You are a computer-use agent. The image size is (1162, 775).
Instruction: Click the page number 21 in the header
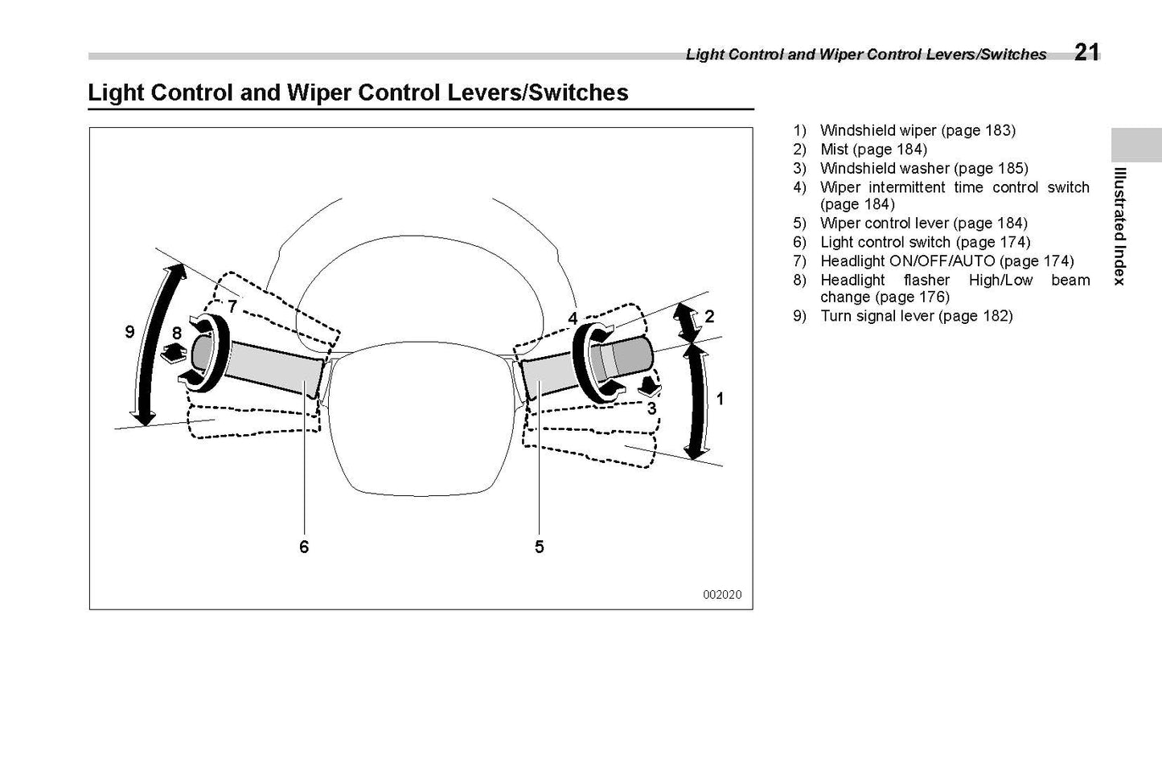pos(1086,52)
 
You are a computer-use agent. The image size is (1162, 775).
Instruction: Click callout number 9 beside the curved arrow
pos(130,332)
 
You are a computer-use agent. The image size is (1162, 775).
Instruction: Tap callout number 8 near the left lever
pos(177,333)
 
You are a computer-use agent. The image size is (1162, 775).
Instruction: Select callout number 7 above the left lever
pos(232,306)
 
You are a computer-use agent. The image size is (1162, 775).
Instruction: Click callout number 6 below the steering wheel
pos(304,547)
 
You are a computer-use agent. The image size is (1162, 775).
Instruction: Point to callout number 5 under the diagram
pos(539,547)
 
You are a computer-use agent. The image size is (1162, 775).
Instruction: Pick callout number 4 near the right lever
pos(573,318)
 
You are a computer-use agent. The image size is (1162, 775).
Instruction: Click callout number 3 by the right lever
pos(651,408)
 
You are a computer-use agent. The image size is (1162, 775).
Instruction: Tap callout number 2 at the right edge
pos(709,316)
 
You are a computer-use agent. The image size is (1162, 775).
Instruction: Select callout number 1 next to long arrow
pos(720,398)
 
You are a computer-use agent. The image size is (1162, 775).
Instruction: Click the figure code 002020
pos(722,595)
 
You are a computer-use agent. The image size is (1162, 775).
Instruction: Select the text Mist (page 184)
pos(873,149)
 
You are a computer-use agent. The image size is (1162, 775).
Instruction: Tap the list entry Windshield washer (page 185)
pos(924,168)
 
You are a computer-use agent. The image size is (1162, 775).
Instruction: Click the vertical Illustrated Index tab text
pos(1119,226)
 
